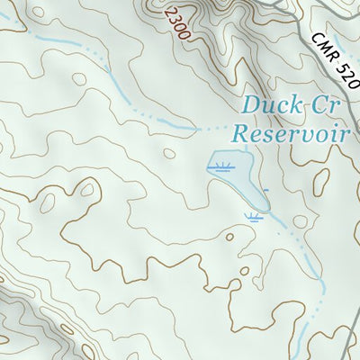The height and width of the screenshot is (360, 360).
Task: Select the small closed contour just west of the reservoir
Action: coord(168,153)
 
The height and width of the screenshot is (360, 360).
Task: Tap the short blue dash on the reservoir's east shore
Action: coord(265,189)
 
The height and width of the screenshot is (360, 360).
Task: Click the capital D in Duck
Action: coord(249,105)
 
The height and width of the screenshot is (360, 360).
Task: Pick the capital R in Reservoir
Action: coord(240,134)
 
